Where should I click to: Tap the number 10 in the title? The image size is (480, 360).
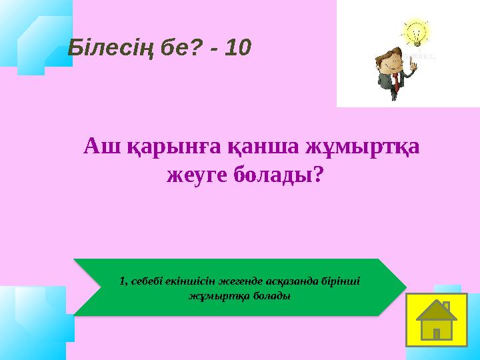(238, 47)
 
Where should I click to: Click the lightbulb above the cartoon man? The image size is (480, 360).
(415, 32)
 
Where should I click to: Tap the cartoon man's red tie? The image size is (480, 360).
(395, 81)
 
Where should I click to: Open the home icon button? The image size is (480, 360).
(437, 320)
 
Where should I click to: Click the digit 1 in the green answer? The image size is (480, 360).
(121, 281)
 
